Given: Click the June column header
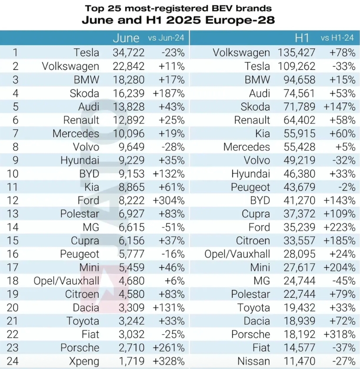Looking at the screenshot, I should [126, 38].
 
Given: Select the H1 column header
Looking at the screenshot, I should [302, 38].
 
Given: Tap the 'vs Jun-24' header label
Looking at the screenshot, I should [166, 38].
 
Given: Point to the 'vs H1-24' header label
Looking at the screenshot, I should [337, 38].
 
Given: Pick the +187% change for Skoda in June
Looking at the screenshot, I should [169, 93].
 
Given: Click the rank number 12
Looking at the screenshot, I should [15, 200].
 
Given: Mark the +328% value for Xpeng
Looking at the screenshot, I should [169, 361].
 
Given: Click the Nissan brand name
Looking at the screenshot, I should [254, 361].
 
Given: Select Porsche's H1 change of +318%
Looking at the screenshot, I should [339, 334].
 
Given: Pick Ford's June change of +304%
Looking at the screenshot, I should [169, 200].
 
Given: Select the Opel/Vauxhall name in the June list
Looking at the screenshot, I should [66, 281].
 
